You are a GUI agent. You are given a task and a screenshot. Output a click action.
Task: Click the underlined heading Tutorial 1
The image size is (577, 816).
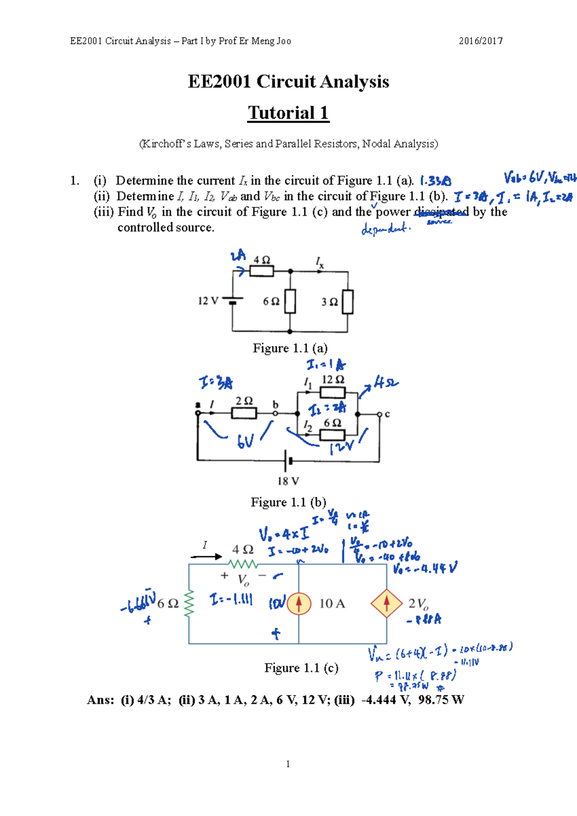(x=288, y=113)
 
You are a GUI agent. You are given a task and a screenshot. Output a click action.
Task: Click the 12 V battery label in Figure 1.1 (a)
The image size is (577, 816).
(x=208, y=301)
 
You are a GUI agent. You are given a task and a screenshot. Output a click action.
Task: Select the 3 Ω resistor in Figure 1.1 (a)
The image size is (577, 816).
(x=347, y=302)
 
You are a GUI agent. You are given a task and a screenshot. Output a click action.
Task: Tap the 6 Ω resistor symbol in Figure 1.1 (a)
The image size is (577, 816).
(x=289, y=301)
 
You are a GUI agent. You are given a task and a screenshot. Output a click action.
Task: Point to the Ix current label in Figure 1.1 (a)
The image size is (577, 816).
(x=320, y=262)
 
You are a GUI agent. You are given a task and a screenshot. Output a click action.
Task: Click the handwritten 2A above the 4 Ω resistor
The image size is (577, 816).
(x=238, y=256)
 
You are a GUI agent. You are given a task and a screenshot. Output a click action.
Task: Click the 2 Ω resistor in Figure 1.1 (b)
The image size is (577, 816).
(x=244, y=413)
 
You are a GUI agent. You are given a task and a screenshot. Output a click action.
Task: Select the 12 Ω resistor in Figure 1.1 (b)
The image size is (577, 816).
(x=332, y=392)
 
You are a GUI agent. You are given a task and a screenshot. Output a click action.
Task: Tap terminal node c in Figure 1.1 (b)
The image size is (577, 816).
(x=380, y=414)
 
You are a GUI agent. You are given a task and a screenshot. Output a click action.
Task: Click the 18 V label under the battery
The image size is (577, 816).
(x=288, y=481)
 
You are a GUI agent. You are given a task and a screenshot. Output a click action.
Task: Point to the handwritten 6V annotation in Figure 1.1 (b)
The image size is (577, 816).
(x=245, y=441)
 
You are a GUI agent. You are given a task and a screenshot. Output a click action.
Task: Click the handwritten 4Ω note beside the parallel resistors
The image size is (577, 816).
(x=386, y=383)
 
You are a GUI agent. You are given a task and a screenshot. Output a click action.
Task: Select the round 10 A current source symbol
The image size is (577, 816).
(x=299, y=603)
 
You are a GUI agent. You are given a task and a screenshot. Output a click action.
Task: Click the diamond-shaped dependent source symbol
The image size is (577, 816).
(x=386, y=603)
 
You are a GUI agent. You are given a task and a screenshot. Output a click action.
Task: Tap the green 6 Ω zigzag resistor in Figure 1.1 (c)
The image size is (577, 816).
(x=188, y=603)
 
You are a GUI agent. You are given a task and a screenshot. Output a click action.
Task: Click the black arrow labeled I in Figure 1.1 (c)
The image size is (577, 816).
(x=206, y=556)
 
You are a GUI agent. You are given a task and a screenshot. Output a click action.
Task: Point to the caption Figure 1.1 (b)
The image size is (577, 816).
(x=288, y=502)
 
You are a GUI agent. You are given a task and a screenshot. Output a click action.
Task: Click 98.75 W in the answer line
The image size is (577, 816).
(x=441, y=700)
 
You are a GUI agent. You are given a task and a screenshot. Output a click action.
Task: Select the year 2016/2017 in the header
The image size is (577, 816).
(x=480, y=41)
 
